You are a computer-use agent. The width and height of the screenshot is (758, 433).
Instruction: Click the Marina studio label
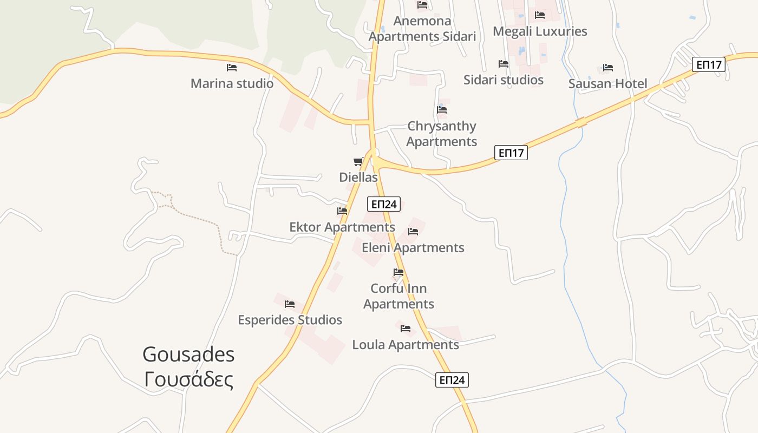click(x=232, y=84)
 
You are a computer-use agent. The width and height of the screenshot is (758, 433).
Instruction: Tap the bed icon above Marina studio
click(x=232, y=68)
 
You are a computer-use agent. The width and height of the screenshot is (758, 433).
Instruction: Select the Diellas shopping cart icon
click(x=358, y=161)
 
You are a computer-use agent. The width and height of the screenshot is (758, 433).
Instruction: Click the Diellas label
click(x=358, y=177)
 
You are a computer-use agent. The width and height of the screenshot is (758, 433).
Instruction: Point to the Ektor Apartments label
click(x=342, y=227)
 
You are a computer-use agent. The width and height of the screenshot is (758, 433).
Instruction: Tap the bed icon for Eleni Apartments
click(x=413, y=232)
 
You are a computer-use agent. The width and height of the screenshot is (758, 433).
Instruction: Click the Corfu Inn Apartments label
click(x=398, y=296)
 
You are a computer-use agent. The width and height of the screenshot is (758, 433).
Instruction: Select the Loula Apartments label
click(x=406, y=345)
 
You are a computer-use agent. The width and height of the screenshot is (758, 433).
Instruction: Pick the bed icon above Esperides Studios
click(x=290, y=304)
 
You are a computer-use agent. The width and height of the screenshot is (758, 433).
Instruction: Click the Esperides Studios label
click(x=290, y=320)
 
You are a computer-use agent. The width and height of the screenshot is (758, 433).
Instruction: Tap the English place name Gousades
click(x=188, y=355)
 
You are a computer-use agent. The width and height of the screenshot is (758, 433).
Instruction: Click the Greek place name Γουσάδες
click(x=188, y=379)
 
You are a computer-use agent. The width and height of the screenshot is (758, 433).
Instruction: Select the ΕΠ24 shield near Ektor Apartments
click(x=384, y=204)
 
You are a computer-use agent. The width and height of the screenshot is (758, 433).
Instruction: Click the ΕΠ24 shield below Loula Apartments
click(x=452, y=380)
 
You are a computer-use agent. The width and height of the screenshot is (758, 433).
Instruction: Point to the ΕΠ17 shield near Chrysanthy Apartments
click(x=511, y=153)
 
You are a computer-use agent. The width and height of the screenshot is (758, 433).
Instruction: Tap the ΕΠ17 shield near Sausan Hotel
click(x=709, y=65)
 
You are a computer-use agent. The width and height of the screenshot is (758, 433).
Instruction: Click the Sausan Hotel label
click(x=607, y=84)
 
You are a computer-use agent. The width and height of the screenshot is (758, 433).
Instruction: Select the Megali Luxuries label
click(x=540, y=31)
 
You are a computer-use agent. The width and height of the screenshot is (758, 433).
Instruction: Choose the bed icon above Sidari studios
click(x=504, y=64)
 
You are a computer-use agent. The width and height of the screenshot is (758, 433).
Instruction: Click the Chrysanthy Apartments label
click(x=441, y=134)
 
